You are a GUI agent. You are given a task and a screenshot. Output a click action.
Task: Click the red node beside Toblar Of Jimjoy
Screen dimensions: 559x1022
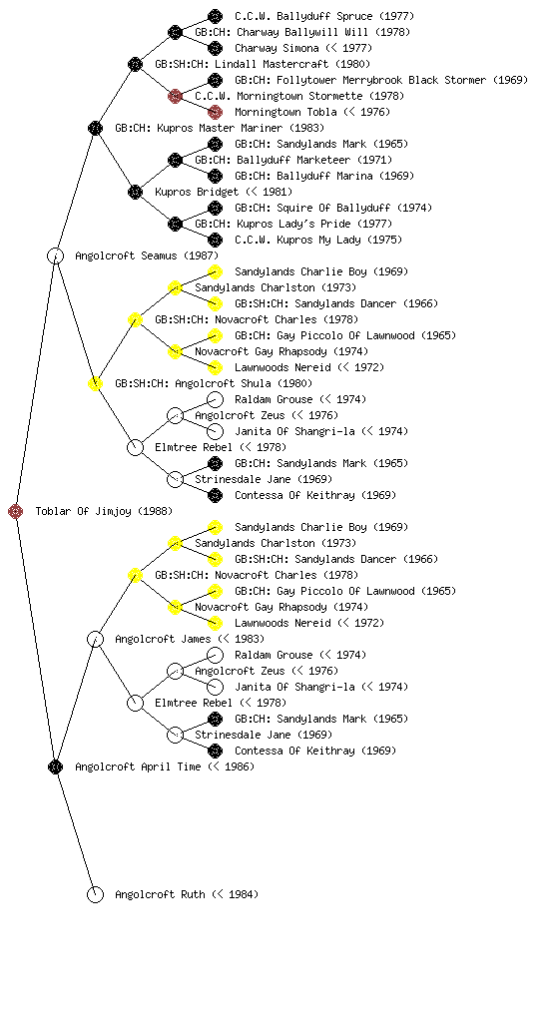click(x=16, y=511)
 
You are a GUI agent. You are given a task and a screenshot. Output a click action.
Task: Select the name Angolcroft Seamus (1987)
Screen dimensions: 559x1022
click(x=147, y=255)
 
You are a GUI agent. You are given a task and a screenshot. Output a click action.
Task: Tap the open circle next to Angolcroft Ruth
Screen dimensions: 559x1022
click(x=95, y=894)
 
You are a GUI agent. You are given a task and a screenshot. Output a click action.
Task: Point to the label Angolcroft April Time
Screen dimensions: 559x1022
click(x=138, y=766)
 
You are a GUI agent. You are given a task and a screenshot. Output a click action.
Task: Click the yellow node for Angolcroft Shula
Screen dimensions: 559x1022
click(x=95, y=383)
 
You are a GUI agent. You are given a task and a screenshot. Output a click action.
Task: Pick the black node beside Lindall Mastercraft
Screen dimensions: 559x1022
click(x=135, y=64)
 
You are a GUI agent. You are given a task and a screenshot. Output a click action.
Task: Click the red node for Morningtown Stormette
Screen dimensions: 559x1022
click(x=175, y=96)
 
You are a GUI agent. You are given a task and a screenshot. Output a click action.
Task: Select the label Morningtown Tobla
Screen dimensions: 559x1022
click(x=286, y=112)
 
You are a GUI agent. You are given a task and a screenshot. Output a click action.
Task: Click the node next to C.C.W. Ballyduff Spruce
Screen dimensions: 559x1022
click(x=215, y=16)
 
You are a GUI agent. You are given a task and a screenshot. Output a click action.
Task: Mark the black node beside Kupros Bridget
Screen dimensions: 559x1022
click(x=135, y=192)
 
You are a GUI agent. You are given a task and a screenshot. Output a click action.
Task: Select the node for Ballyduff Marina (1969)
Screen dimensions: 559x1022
click(x=215, y=176)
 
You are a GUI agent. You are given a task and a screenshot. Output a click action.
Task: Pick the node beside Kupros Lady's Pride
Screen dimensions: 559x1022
click(x=175, y=224)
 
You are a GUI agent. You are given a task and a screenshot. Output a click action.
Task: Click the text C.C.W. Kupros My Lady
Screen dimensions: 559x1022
click(x=297, y=240)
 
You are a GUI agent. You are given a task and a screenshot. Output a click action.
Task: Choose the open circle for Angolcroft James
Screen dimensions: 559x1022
click(x=95, y=639)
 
